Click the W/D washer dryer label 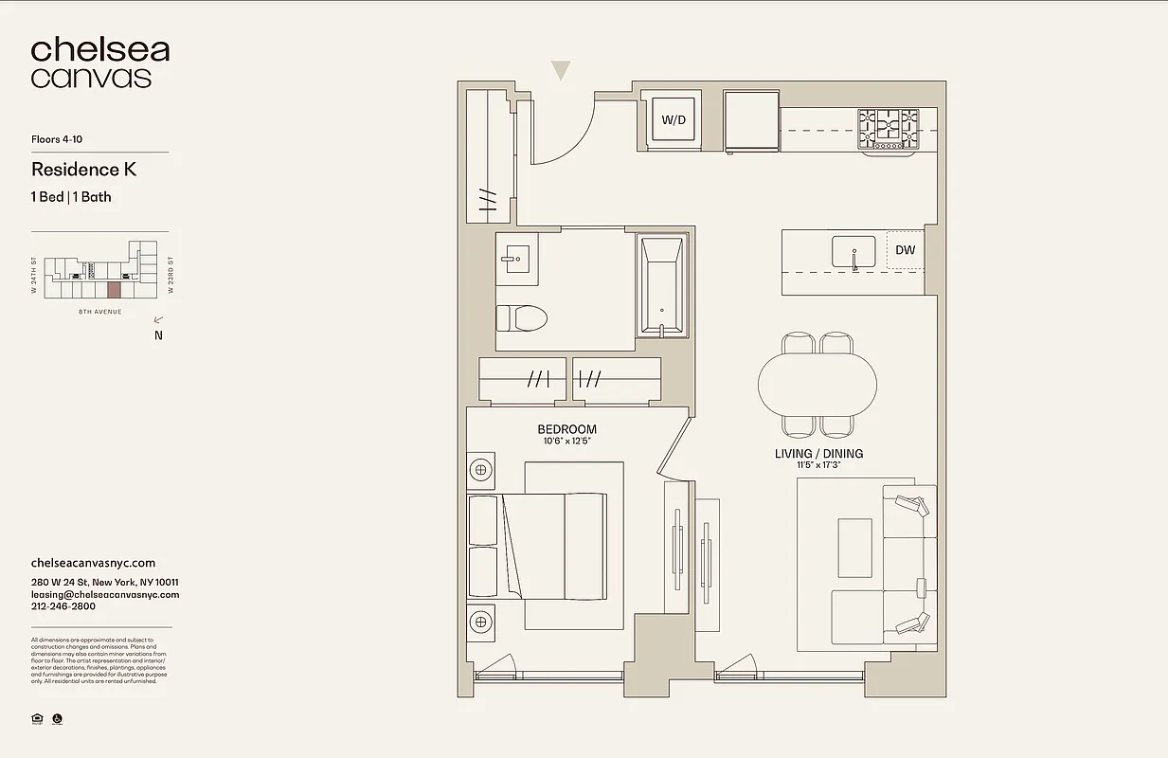click(674, 120)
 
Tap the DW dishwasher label click(905, 250)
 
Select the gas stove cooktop click(888, 129)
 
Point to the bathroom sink click(517, 257)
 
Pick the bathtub click(661, 286)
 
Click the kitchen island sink click(854, 252)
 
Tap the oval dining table click(818, 384)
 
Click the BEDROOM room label click(566, 429)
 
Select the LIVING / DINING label click(818, 454)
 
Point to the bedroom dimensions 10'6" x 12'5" click(566, 442)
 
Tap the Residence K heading click(83, 170)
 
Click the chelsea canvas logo click(99, 63)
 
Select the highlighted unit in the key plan click(114, 290)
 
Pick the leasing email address click(105, 595)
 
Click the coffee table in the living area click(854, 548)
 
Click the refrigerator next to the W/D click(751, 120)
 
